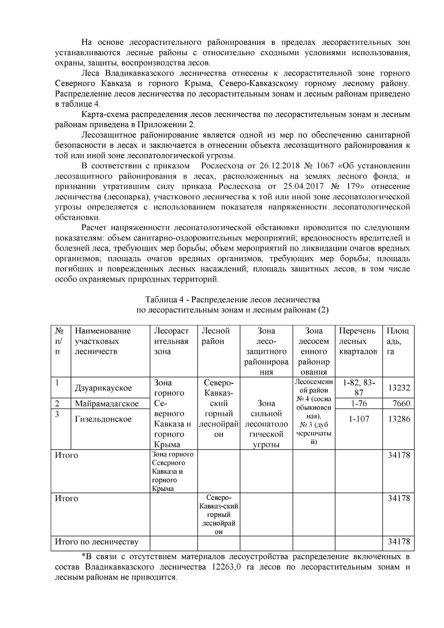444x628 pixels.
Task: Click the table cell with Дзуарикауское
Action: pyautogui.click(x=103, y=388)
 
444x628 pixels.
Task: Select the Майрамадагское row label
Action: pyautogui.click(x=107, y=403)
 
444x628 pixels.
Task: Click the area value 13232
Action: pyautogui.click(x=398, y=388)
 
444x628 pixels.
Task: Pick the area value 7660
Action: pyautogui.click(x=401, y=403)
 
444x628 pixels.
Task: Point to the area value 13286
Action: pyautogui.click(x=398, y=419)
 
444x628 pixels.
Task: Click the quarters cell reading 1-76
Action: pyautogui.click(x=359, y=403)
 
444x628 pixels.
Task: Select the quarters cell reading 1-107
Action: pyautogui.click(x=359, y=419)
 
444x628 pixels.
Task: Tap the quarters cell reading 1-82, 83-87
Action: pyautogui.click(x=359, y=387)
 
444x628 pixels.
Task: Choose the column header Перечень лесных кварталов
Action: pyautogui.click(x=358, y=341)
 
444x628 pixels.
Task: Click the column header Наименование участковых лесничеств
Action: pyautogui.click(x=103, y=341)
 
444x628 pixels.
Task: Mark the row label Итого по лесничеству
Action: pyautogui.click(x=97, y=542)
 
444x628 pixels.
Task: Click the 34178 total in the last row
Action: pyautogui.click(x=398, y=542)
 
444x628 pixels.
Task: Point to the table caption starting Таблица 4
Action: pyautogui.click(x=232, y=299)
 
